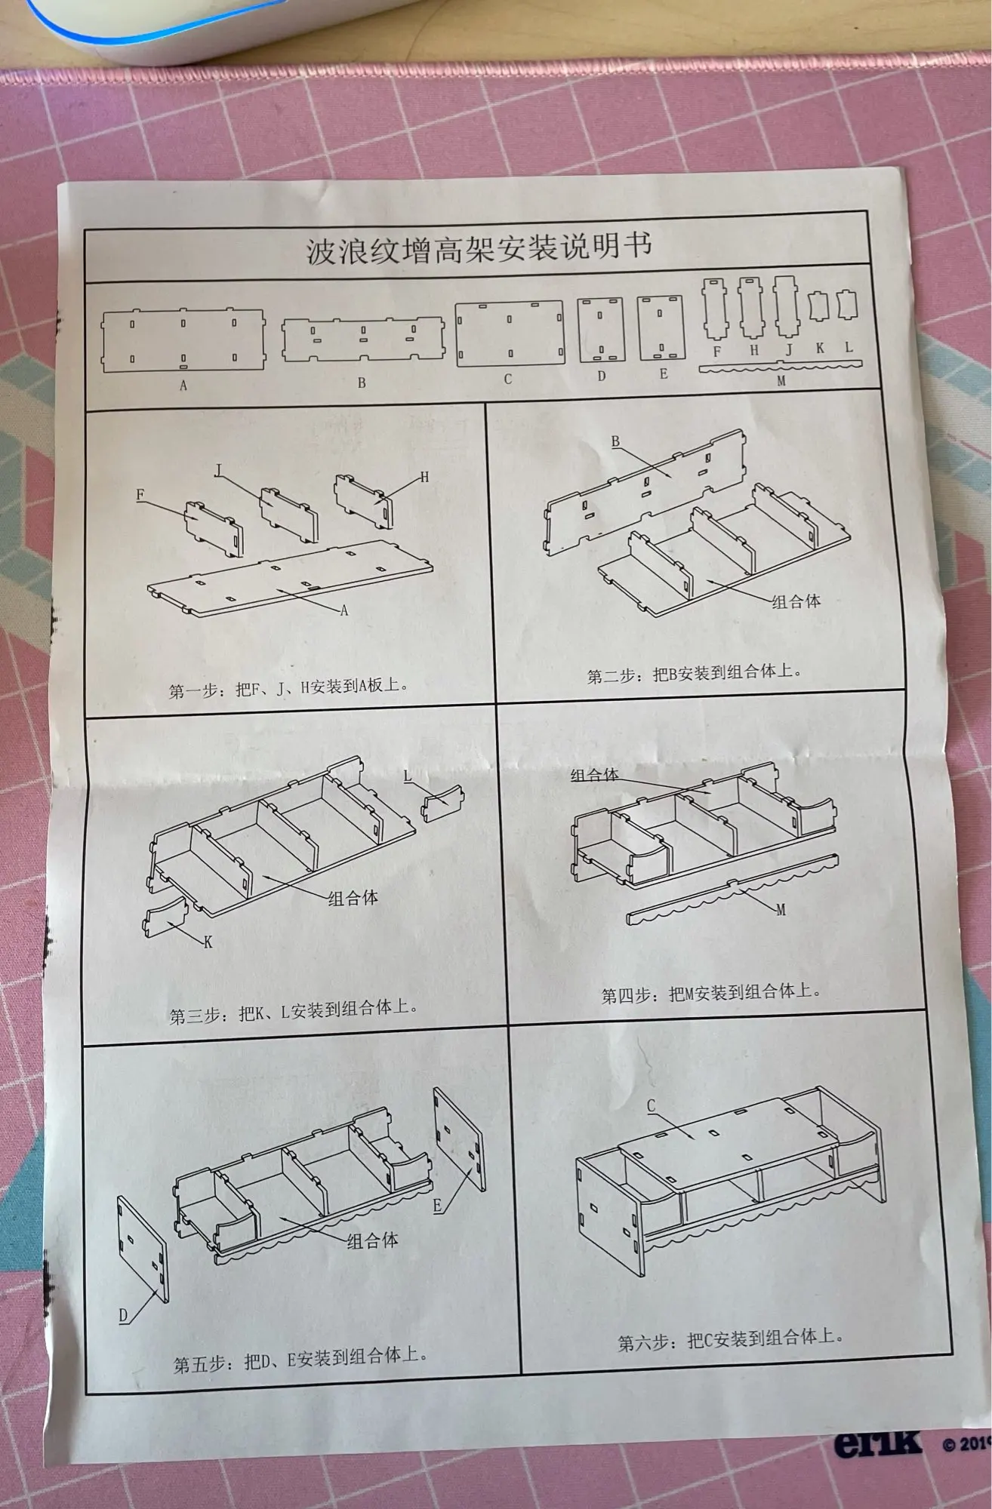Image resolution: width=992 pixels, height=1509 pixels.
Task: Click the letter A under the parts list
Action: (183, 385)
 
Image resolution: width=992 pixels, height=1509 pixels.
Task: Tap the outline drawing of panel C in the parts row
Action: (510, 333)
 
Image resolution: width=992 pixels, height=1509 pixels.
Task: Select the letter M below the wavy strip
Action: (781, 382)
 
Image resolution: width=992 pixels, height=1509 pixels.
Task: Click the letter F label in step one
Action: (140, 495)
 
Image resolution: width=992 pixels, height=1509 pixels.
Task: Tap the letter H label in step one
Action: (424, 477)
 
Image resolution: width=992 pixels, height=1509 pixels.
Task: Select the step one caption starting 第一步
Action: (288, 688)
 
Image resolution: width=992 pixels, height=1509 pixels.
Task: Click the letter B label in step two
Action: (615, 441)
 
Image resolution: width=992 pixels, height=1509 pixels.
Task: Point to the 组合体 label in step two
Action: (796, 601)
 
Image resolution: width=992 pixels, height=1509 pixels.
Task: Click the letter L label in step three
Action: (408, 776)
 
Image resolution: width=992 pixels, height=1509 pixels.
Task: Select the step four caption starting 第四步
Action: (710, 993)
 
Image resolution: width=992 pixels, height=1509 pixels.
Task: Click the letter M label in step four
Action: (781, 910)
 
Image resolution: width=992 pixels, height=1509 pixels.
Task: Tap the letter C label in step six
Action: (651, 1106)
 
